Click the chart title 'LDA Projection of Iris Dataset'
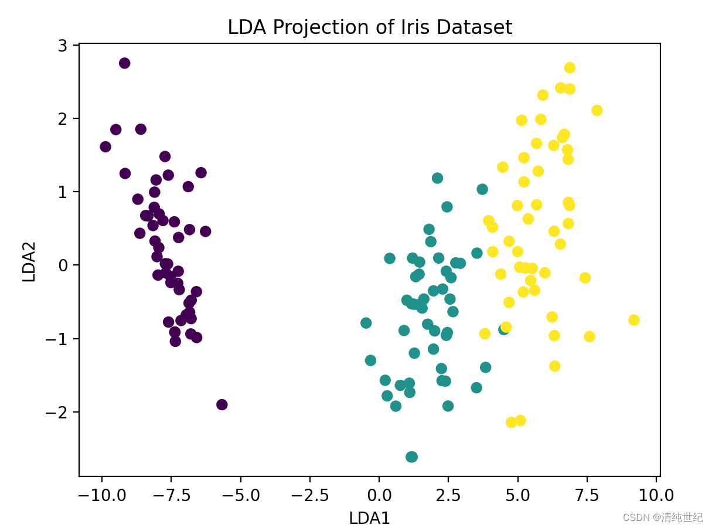pos(370,27)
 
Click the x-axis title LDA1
pos(369,518)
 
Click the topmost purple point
pos(124,63)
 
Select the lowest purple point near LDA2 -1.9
pos(222,404)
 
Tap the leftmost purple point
pos(105,147)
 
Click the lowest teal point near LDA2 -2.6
pos(412,457)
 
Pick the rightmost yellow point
pos(633,320)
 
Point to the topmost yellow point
pos(570,67)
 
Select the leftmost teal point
pos(366,323)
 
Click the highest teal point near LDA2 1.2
pos(437,178)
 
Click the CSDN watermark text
pos(663,517)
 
